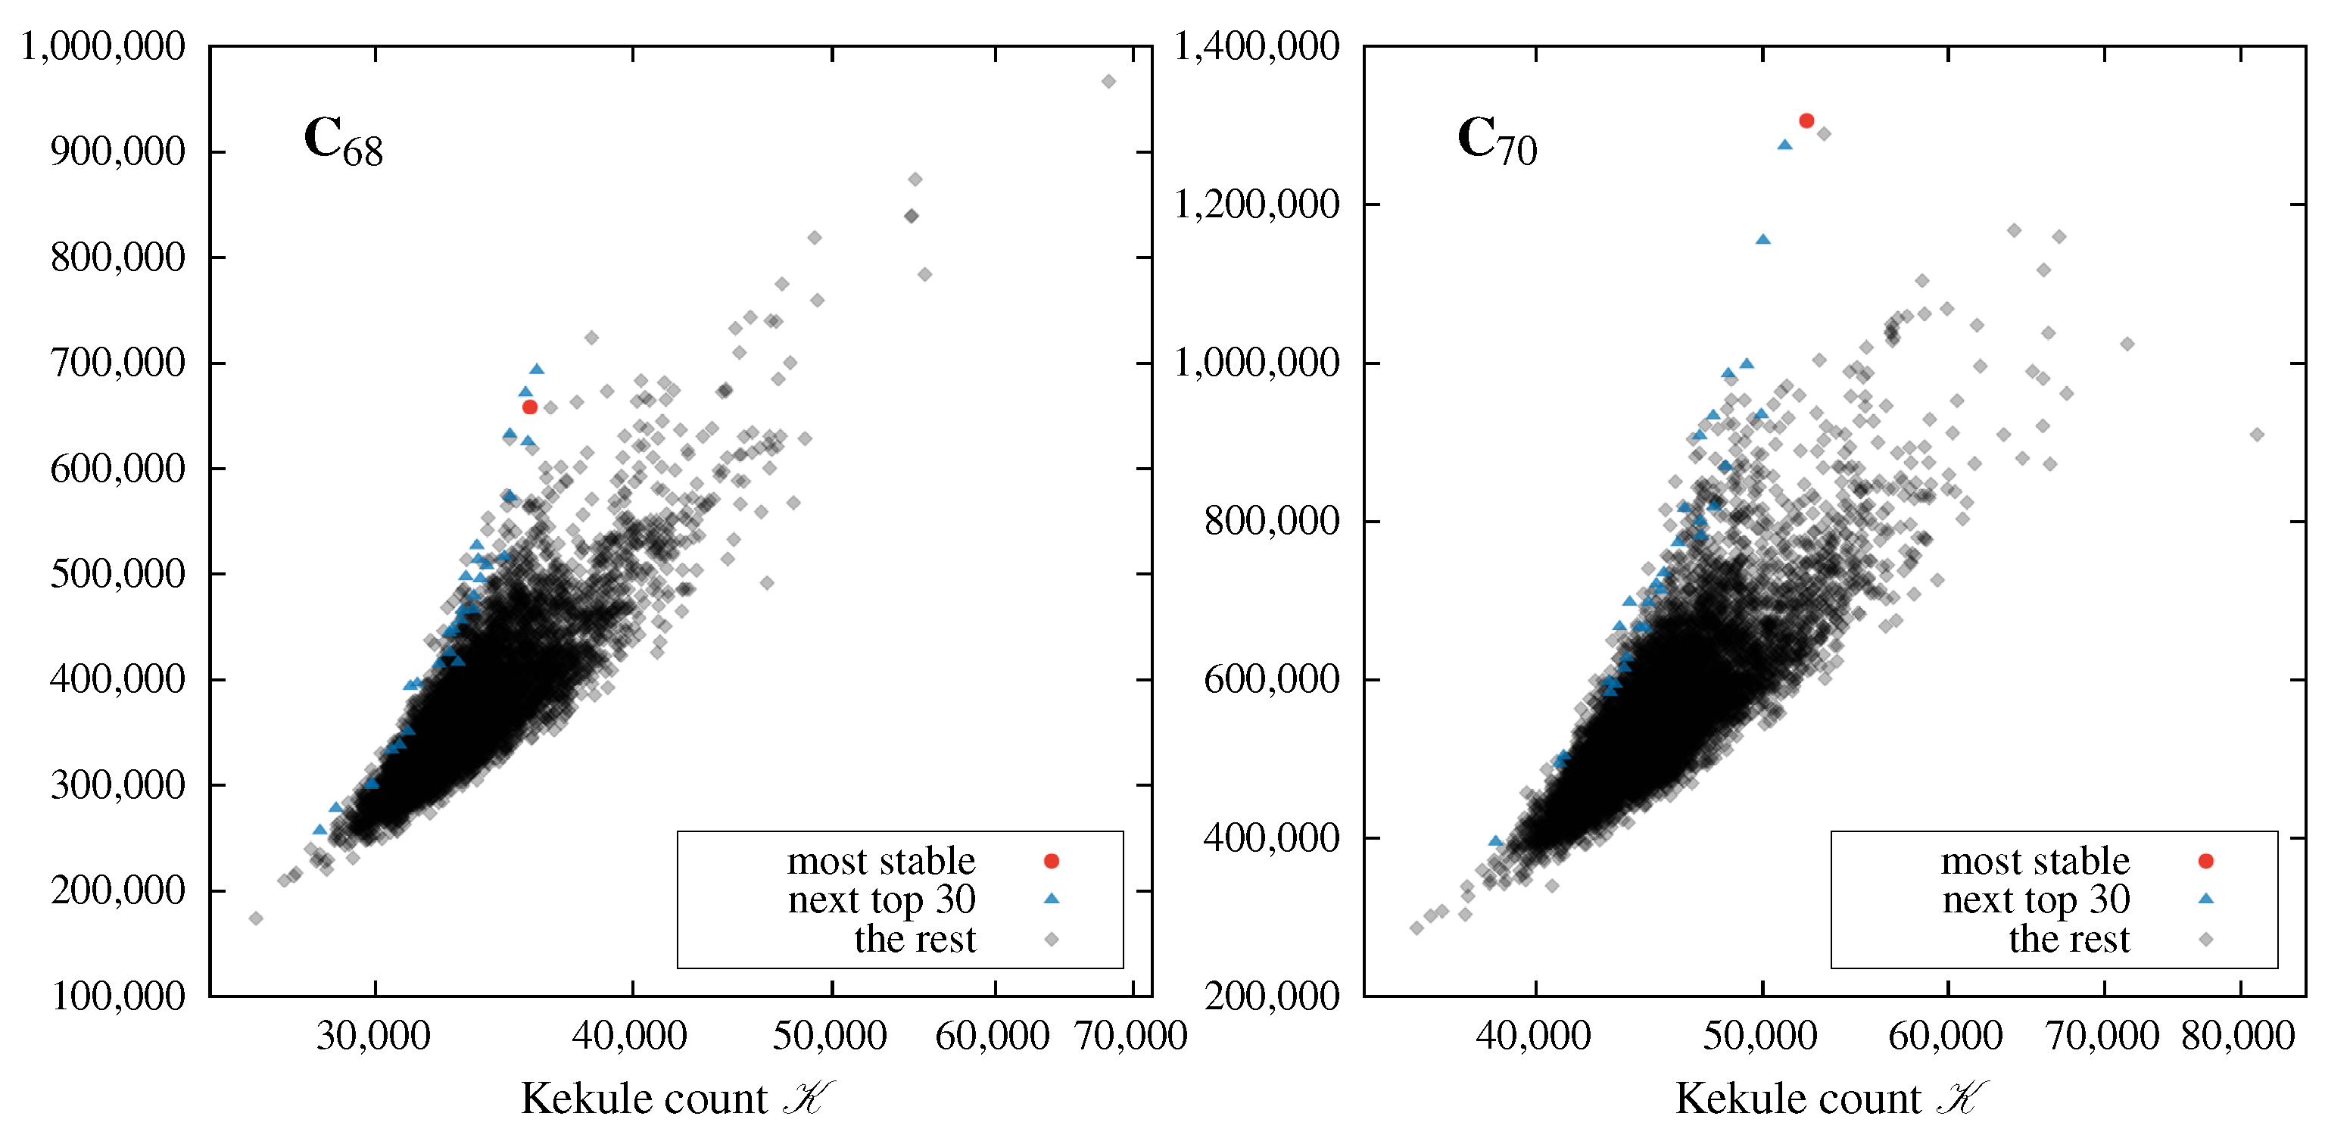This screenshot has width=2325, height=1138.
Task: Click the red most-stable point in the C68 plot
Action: pyautogui.click(x=530, y=407)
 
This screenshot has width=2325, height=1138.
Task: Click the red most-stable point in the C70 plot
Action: pyautogui.click(x=1806, y=121)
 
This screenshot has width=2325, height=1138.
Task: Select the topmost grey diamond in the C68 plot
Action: pyautogui.click(x=1108, y=81)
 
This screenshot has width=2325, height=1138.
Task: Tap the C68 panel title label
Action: pyautogui.click(x=343, y=142)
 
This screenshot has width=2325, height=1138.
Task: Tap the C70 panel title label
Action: pyautogui.click(x=1497, y=142)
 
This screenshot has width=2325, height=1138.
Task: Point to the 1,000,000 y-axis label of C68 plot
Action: pyautogui.click(x=103, y=46)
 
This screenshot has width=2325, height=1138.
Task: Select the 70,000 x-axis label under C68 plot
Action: pyautogui.click(x=1131, y=1035)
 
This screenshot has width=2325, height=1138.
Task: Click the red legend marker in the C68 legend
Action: pyautogui.click(x=1051, y=861)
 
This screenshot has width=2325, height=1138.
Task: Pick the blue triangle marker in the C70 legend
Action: pyautogui.click(x=2205, y=899)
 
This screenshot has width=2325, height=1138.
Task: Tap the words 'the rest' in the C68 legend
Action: pyautogui.click(x=915, y=940)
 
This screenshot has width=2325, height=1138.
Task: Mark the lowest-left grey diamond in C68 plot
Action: pyautogui.click(x=255, y=918)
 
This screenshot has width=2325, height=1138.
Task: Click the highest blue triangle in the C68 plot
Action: pyautogui.click(x=537, y=368)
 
